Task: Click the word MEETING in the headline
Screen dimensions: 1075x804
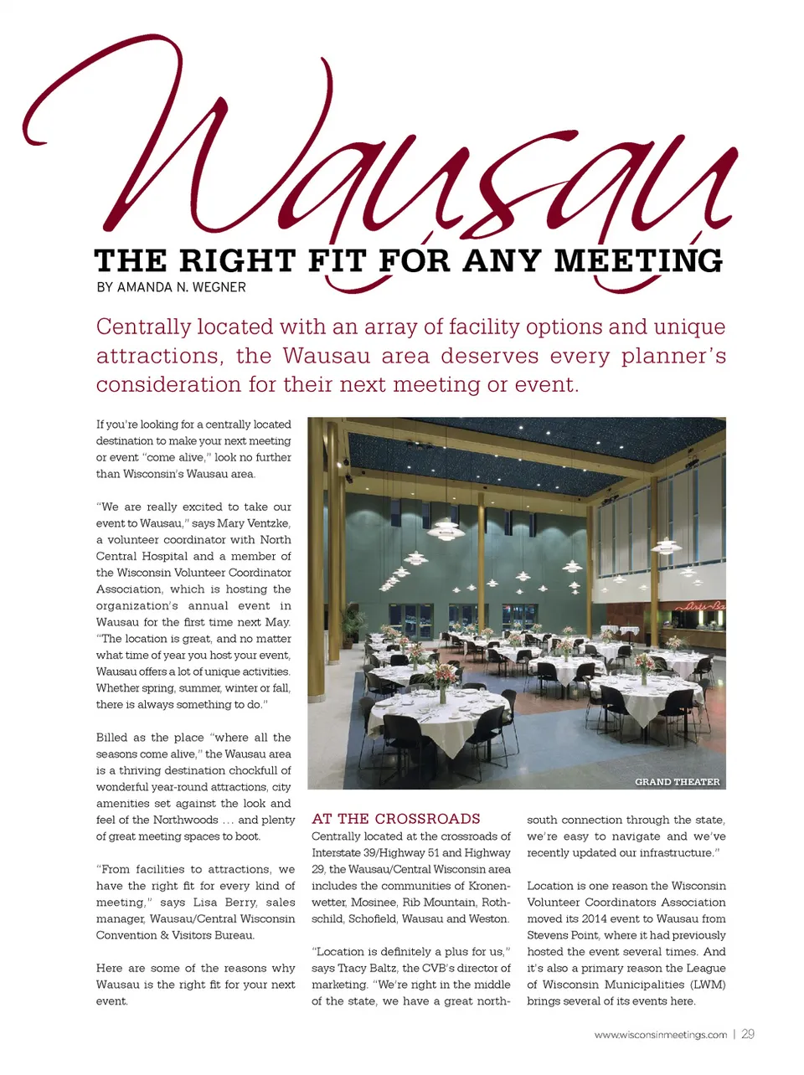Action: point(638,260)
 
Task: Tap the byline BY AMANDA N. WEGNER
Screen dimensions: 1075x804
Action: point(171,287)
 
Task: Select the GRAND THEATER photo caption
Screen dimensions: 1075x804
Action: point(677,782)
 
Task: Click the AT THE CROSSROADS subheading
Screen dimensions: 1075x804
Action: point(395,819)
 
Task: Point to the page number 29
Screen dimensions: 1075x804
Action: point(748,1034)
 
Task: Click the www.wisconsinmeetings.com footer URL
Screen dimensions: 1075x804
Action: point(660,1035)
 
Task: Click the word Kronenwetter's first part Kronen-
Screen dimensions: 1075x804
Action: point(487,886)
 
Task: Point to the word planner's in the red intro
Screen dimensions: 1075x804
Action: point(673,356)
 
